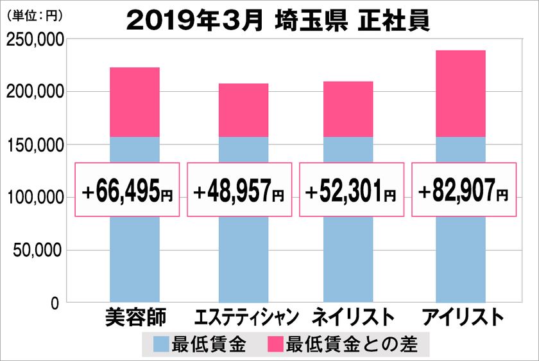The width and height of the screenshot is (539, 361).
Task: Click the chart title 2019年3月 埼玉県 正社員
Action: pyautogui.click(x=277, y=20)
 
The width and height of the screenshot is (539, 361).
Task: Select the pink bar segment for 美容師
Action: pyautogui.click(x=135, y=102)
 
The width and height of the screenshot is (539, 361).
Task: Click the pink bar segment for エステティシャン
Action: pyautogui.click(x=243, y=110)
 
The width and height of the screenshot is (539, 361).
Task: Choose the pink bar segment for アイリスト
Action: pyautogui.click(x=460, y=94)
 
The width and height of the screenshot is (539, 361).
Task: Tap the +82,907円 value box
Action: pyautogui.click(x=463, y=190)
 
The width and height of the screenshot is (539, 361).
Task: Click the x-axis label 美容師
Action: pyautogui.click(x=135, y=317)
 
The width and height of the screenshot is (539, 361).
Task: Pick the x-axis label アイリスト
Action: pyautogui.click(x=460, y=317)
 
